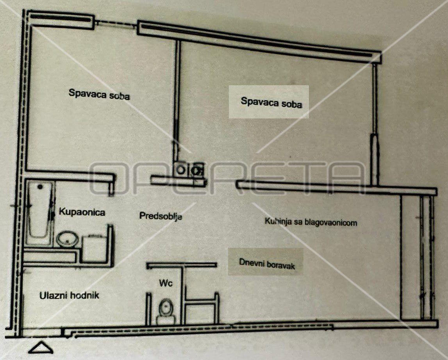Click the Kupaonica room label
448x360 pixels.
(x=82, y=212)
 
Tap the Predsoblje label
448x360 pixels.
(x=161, y=216)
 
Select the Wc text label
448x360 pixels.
(x=166, y=283)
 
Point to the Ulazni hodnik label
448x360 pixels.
(x=70, y=295)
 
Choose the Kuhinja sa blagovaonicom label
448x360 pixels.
(x=311, y=222)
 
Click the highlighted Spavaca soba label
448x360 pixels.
(x=271, y=102)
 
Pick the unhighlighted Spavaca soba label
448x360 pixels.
(x=99, y=94)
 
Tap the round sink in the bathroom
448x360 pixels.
(x=68, y=239)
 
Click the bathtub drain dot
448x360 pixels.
(x=40, y=187)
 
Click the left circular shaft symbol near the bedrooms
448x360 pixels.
(x=180, y=170)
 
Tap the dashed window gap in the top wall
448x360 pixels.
(x=116, y=24)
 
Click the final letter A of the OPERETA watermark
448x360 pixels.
(x=348, y=178)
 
